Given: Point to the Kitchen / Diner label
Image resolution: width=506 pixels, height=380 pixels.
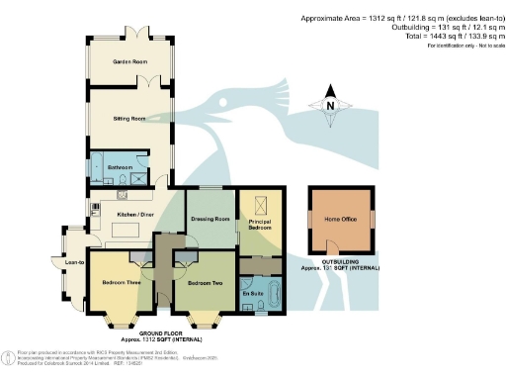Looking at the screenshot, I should (x=133, y=213).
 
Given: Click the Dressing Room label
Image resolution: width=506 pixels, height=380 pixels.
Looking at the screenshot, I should (x=210, y=218).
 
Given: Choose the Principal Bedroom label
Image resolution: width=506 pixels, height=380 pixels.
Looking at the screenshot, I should (x=259, y=227).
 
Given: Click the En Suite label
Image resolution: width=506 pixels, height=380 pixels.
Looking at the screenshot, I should (x=252, y=295).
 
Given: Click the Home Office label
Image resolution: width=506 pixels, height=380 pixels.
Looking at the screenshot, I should (x=341, y=219).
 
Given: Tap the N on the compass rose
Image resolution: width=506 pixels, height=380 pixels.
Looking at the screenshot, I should (x=331, y=107).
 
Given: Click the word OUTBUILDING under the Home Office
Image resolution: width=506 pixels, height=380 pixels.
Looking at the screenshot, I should (x=341, y=261).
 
